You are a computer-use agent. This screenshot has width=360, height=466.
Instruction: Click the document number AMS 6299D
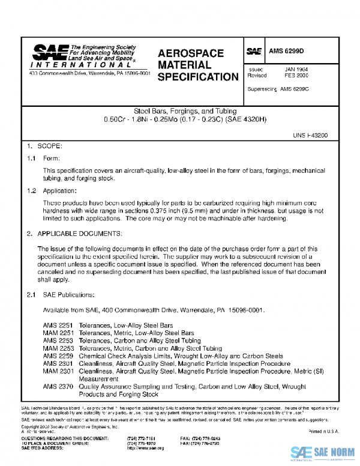[287, 52]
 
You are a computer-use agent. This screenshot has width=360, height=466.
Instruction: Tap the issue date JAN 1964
[296, 70]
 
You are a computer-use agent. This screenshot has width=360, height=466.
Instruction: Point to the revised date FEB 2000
[296, 76]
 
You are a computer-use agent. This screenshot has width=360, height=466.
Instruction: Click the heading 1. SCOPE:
[45, 146]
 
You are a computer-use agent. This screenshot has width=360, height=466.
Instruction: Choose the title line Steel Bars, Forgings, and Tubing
[185, 111]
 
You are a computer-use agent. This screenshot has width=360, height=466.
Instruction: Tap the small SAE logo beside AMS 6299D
[254, 52]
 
